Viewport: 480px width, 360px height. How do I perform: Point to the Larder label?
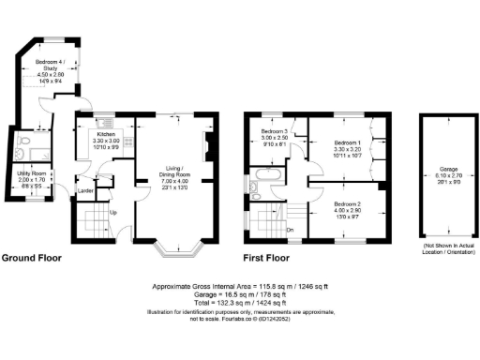click(x=84, y=190)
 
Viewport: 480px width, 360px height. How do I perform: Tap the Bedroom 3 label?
click(x=279, y=132)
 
